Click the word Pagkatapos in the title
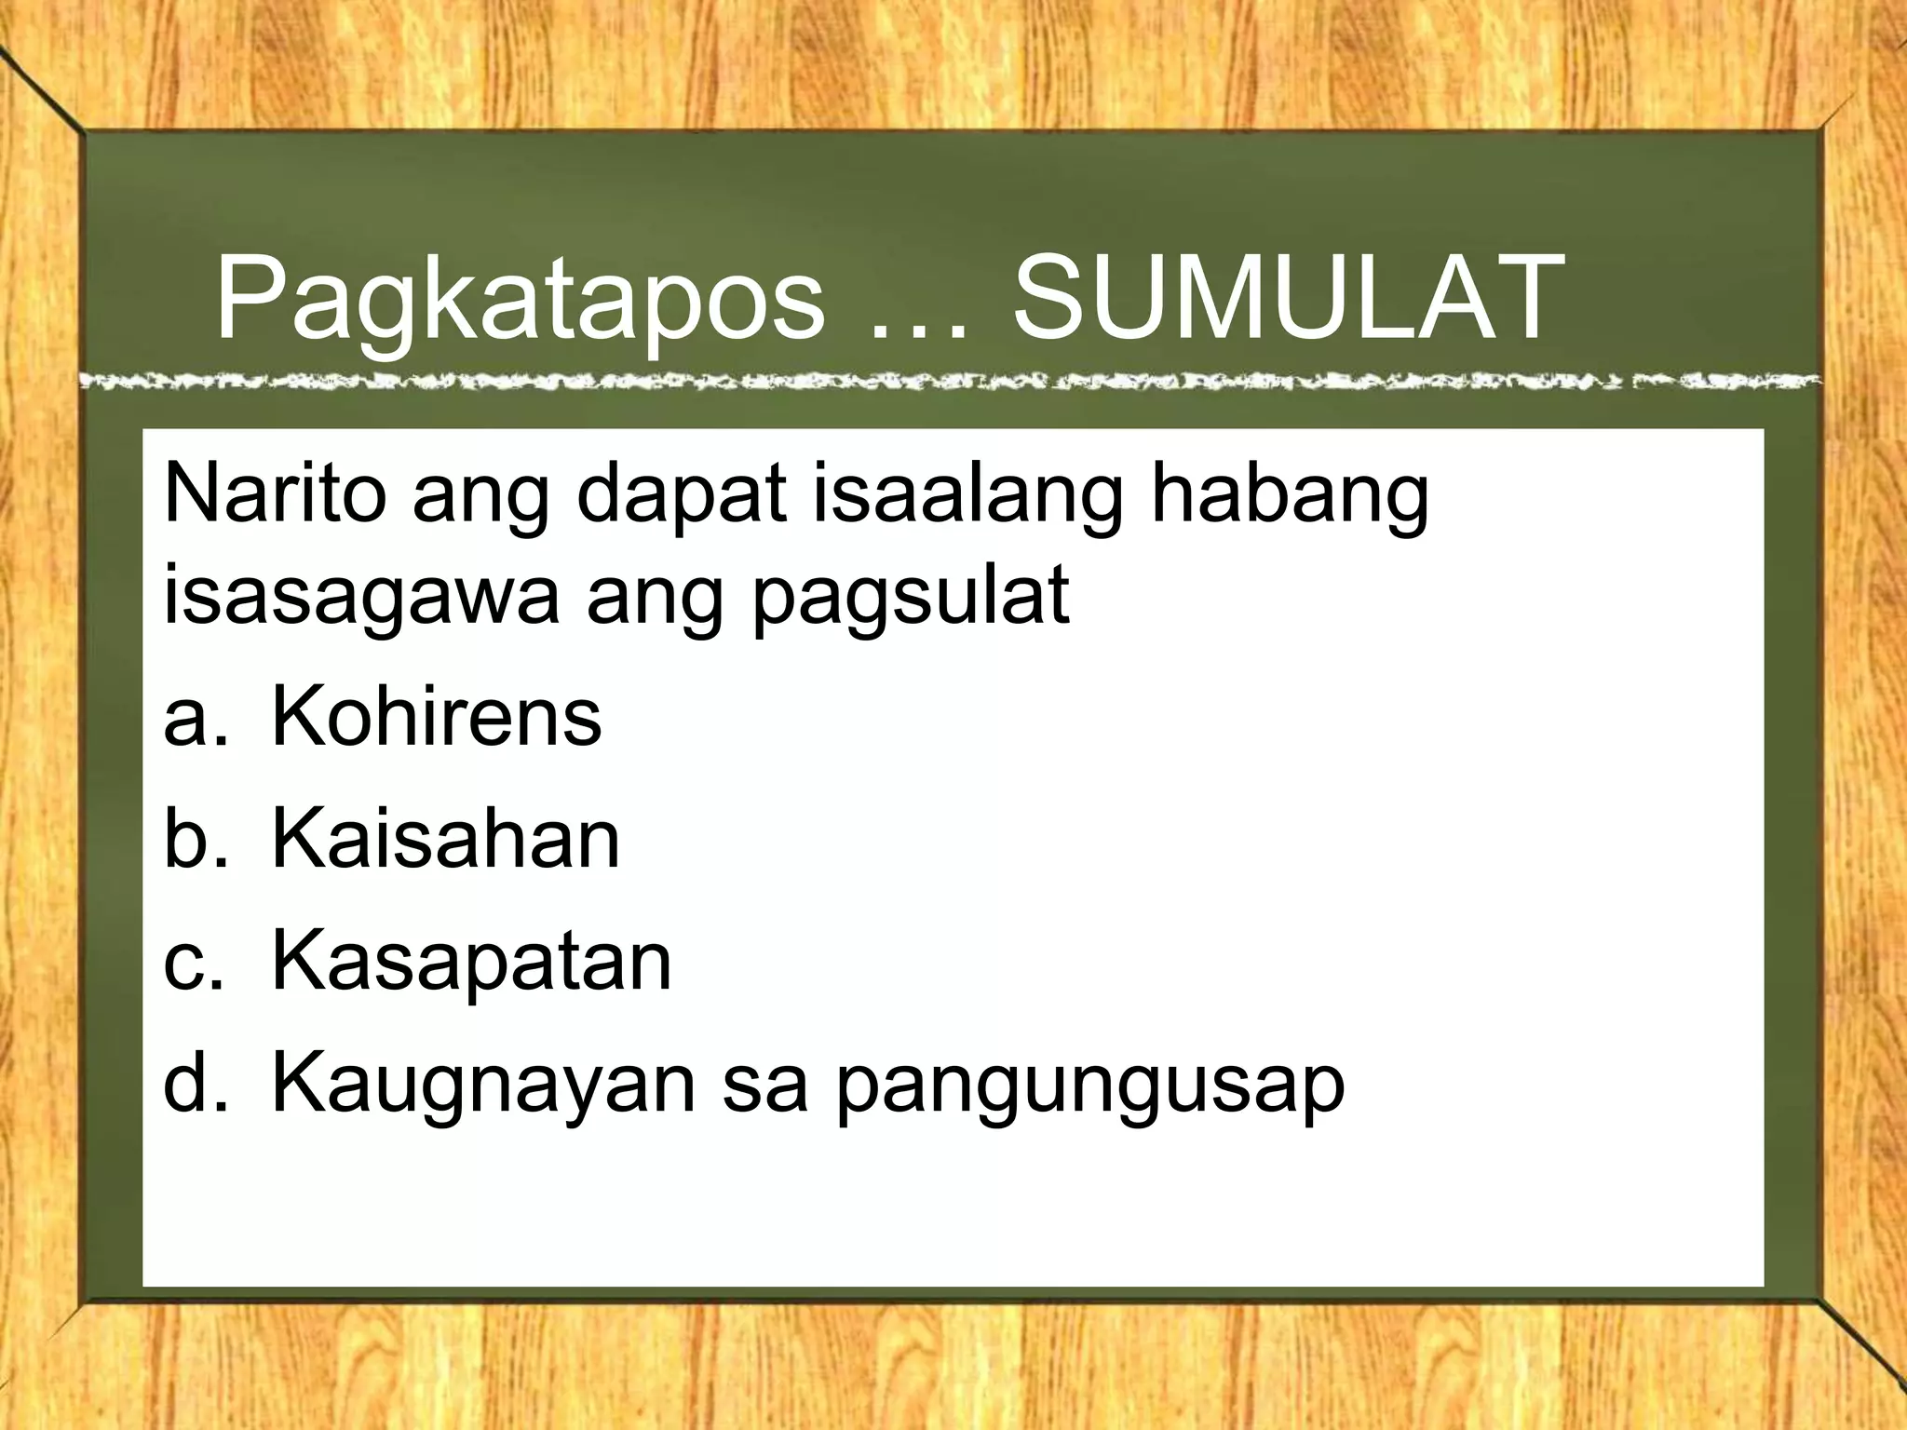(x=520, y=300)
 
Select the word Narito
(x=275, y=494)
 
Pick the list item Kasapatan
(x=471, y=961)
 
